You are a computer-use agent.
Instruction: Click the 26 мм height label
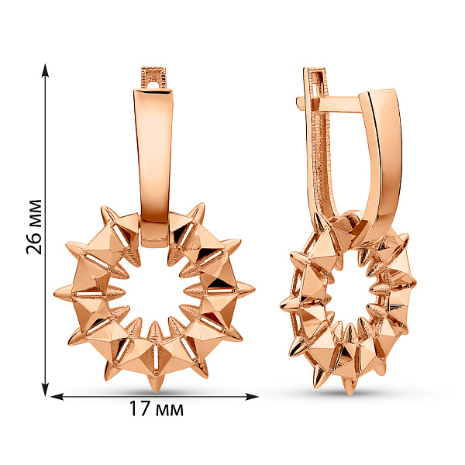point(34,227)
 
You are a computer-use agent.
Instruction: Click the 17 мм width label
point(157,409)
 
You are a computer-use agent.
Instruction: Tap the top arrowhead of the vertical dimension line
point(45,71)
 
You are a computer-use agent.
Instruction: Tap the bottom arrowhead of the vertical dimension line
point(45,389)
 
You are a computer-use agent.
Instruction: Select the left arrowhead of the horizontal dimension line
point(58,397)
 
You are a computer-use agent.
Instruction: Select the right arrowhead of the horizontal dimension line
point(251,397)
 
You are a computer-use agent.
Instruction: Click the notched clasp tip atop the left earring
point(153,77)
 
